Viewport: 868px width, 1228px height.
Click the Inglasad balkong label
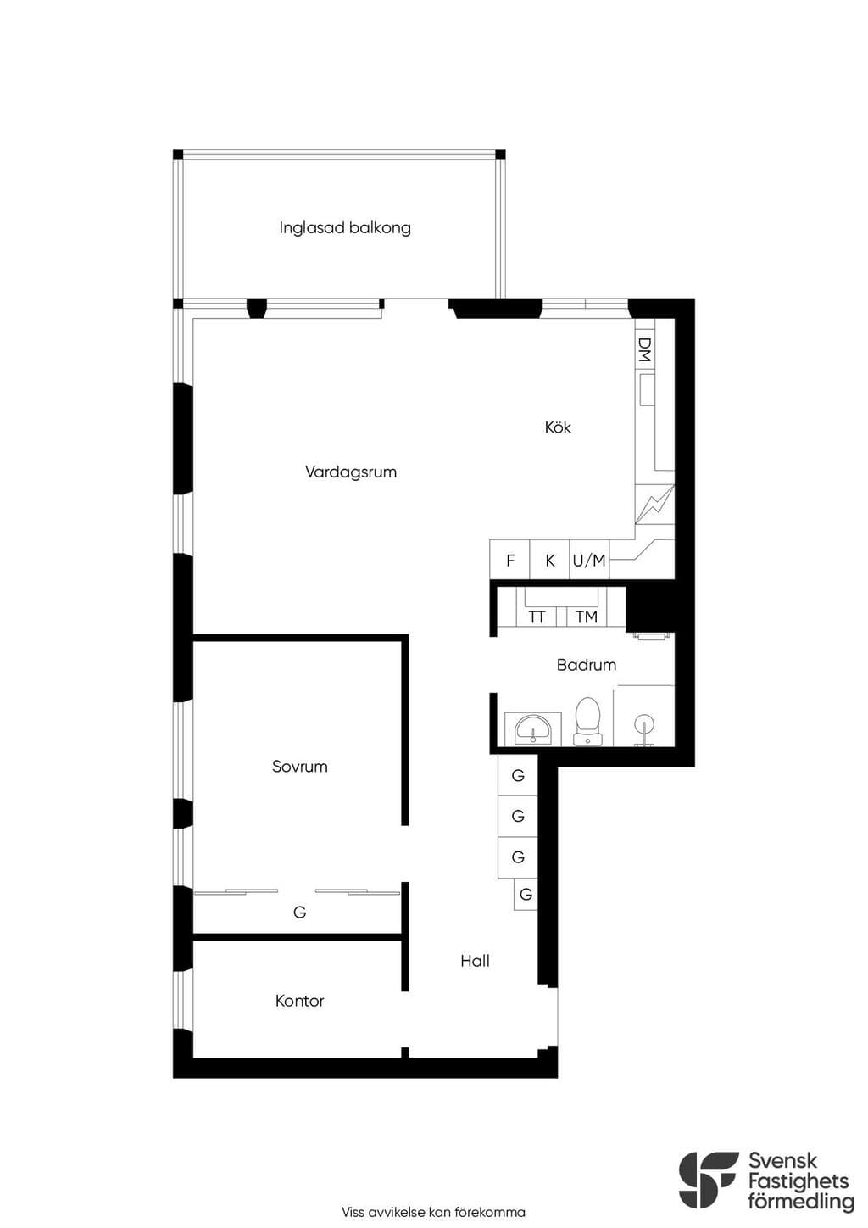point(345,228)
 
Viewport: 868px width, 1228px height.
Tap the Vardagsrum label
point(351,472)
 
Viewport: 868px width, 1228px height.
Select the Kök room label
point(558,427)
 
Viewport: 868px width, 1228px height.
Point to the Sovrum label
point(300,767)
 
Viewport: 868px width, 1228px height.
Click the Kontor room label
point(300,1001)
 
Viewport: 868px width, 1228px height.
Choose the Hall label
point(475,961)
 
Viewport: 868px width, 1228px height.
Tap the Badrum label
point(587,665)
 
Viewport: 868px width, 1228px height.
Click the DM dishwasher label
point(645,349)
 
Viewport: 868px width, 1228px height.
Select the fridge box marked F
point(509,560)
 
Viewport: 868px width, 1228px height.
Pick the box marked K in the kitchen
point(549,560)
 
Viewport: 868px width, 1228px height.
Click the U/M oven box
point(590,560)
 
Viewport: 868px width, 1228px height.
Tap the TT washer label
point(537,617)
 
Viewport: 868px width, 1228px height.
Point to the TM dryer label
point(587,617)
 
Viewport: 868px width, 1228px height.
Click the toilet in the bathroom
point(587,722)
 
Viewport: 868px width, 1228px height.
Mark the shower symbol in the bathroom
point(644,727)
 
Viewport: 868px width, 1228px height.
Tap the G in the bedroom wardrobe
point(299,913)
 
